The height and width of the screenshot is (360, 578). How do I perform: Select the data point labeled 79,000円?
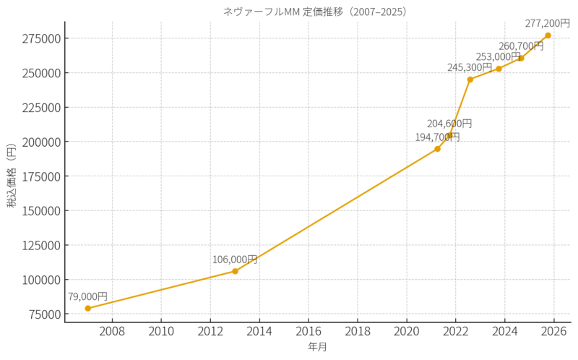(88, 309)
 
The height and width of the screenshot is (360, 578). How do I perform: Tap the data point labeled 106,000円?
(235, 271)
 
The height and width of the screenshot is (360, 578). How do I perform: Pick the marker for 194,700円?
(437, 149)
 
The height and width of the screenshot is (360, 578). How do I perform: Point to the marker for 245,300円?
(470, 80)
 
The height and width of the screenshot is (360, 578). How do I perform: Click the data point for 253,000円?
(499, 69)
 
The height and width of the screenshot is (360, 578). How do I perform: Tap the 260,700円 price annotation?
(521, 46)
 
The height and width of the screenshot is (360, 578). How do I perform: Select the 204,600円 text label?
(449, 124)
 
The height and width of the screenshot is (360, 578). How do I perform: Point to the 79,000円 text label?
(87, 296)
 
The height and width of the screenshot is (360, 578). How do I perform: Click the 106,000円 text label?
(234, 260)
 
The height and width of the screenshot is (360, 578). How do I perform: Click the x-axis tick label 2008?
(112, 332)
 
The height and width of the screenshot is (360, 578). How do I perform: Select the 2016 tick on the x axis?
(309, 332)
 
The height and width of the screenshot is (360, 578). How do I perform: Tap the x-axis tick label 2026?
(553, 332)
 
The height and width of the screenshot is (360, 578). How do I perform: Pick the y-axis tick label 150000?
(41, 210)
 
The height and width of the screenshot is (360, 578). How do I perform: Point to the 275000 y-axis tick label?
(41, 38)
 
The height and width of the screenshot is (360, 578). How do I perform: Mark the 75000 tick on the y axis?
(44, 314)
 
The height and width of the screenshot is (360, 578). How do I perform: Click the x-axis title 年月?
(317, 347)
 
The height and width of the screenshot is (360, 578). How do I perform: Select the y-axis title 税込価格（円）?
(12, 176)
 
